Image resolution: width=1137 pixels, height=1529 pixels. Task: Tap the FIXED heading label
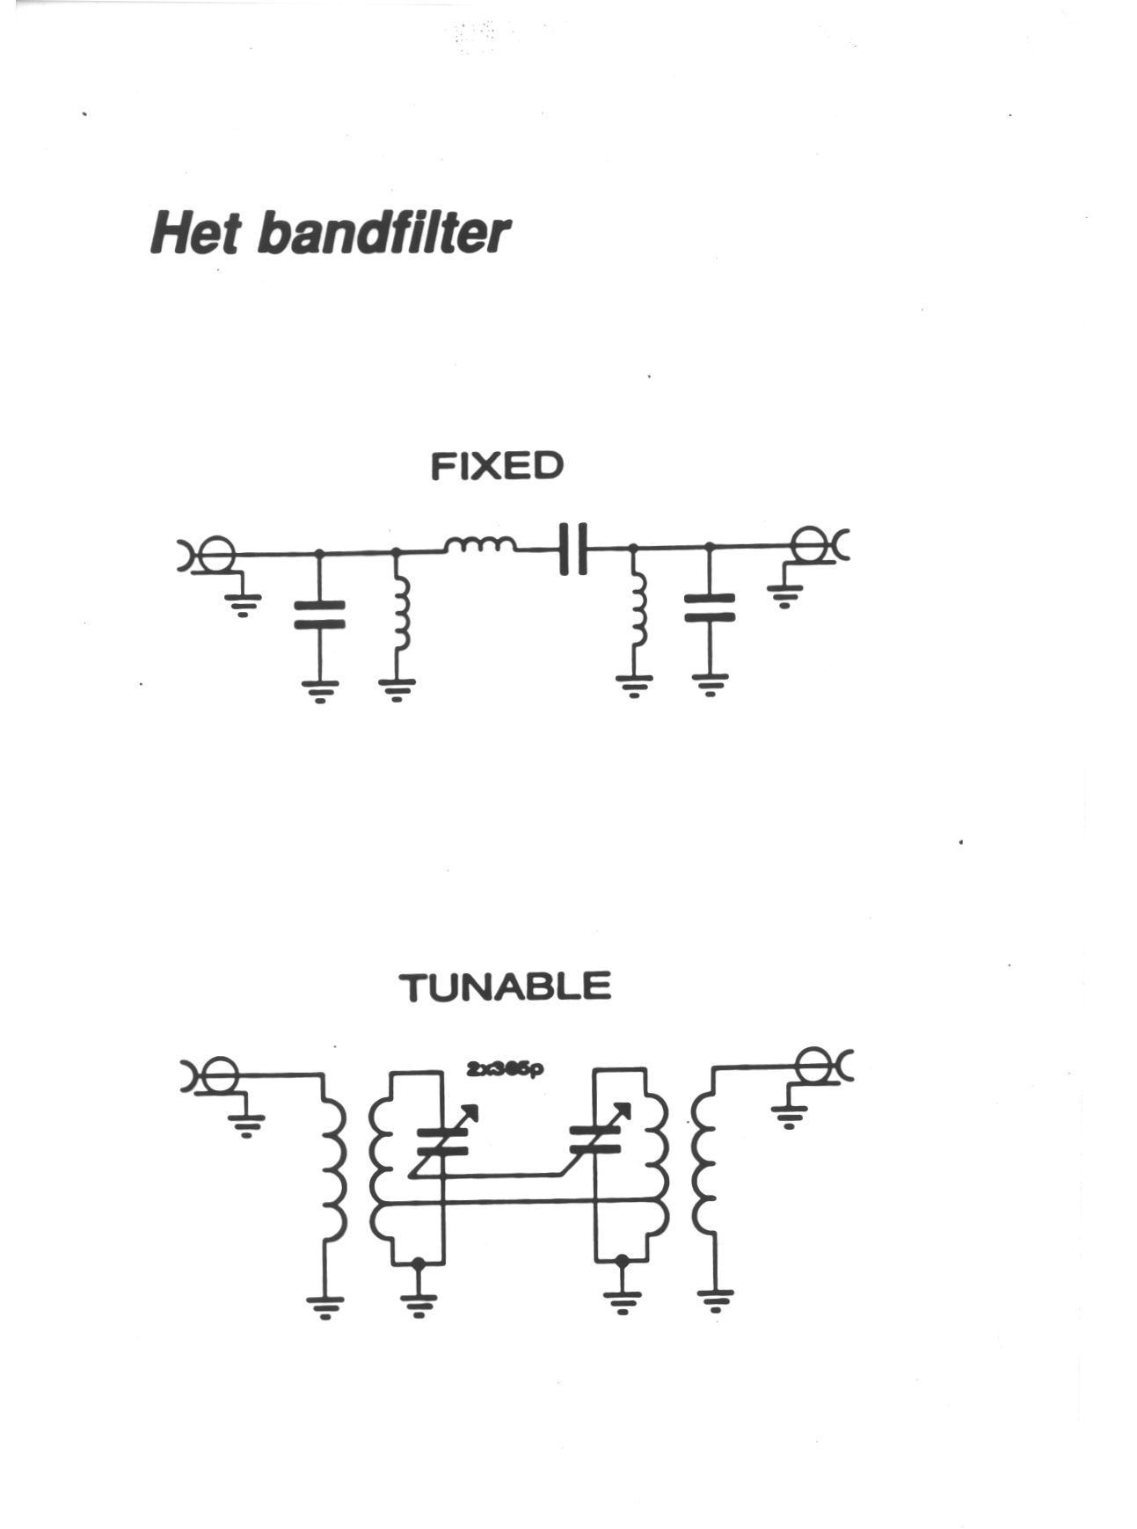point(497,466)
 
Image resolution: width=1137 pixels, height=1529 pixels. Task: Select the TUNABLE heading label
point(505,987)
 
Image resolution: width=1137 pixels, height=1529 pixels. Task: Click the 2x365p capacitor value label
point(505,1069)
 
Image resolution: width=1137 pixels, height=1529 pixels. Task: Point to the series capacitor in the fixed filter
point(573,549)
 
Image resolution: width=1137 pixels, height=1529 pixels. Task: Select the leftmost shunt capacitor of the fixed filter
point(319,615)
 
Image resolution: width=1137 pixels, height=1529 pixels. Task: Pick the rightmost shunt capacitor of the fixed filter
point(710,608)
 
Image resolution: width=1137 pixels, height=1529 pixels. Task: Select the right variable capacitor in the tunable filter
point(598,1139)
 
